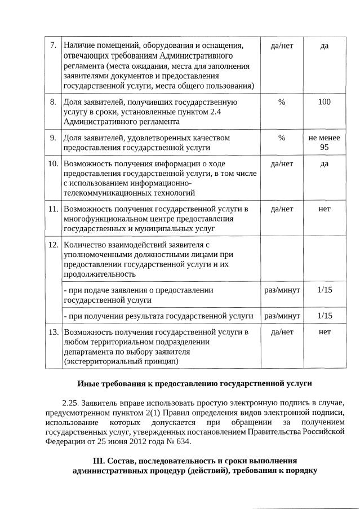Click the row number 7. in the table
(x=53, y=45)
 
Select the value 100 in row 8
(x=324, y=102)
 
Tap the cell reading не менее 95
(x=324, y=142)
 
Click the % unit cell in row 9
(x=282, y=138)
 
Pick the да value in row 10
(x=324, y=164)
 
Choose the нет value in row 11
(x=324, y=209)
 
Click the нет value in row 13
(x=324, y=332)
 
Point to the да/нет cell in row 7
(x=282, y=45)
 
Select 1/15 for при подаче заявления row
(x=325, y=290)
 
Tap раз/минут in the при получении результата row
(x=282, y=316)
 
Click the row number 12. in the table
(x=53, y=245)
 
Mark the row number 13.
(x=53, y=332)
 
